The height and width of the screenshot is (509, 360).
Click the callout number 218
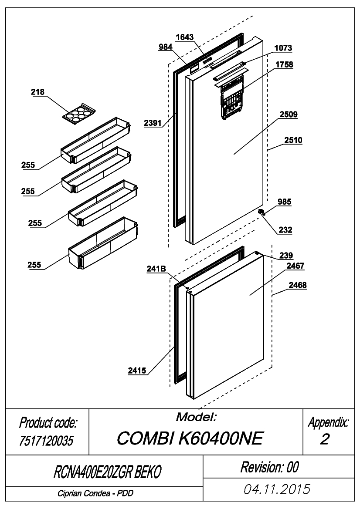click(37, 92)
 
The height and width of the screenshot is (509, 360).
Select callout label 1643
click(184, 37)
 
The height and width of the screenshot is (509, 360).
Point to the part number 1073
click(283, 48)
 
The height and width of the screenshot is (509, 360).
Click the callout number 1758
click(284, 64)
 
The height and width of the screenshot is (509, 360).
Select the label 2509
click(289, 115)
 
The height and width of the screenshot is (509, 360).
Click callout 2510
click(293, 140)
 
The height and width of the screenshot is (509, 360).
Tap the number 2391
click(153, 123)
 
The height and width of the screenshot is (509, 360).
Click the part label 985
click(284, 202)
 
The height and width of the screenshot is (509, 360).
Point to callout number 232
click(285, 230)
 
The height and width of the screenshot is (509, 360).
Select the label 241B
click(156, 269)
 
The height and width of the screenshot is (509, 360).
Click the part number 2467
click(295, 266)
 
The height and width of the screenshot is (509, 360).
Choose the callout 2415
click(137, 371)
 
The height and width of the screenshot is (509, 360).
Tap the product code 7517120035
click(47, 441)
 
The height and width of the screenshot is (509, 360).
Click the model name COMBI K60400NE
click(190, 438)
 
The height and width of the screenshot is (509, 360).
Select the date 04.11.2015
click(277, 489)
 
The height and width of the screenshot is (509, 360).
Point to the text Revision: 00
click(270, 467)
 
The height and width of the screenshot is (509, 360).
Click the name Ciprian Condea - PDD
click(95, 493)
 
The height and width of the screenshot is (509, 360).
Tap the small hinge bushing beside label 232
click(262, 212)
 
